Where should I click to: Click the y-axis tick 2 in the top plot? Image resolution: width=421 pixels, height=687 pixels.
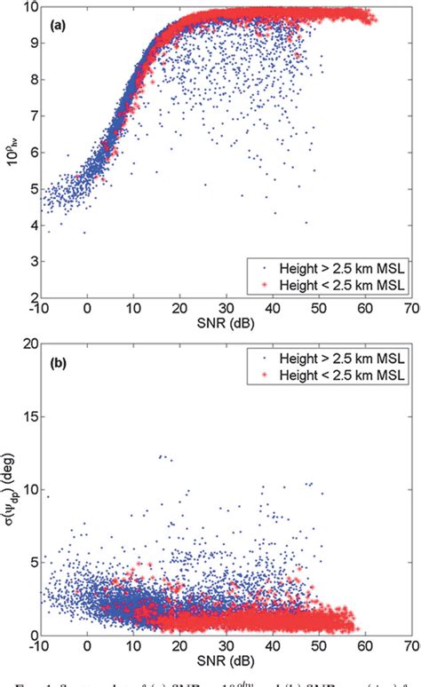pos(32,297)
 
